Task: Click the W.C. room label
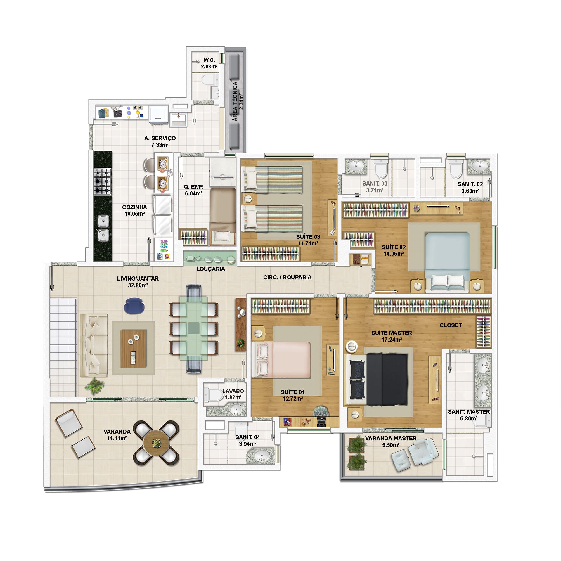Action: pyautogui.click(x=209, y=60)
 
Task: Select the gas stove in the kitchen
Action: pyautogui.click(x=103, y=181)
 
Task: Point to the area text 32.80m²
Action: pyautogui.click(x=138, y=285)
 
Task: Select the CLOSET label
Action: pyautogui.click(x=451, y=325)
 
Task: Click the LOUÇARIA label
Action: pyautogui.click(x=211, y=269)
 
